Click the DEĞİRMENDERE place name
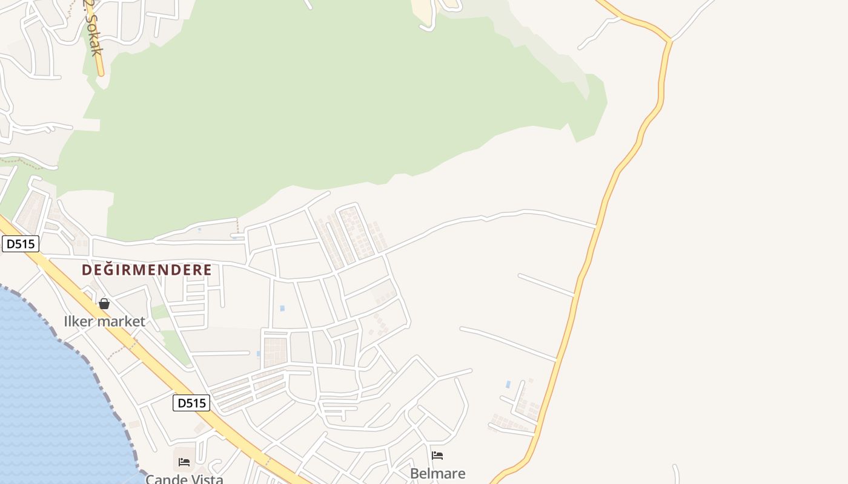pos(147,270)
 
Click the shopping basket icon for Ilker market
pos(104,304)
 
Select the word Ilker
pos(81,321)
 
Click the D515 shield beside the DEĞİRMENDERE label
pos(21,244)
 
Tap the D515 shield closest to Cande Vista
pos(191,403)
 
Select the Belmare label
pos(437,473)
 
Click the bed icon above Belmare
pos(437,456)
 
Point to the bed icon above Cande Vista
pos(184,462)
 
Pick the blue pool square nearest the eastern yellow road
pos(508,384)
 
